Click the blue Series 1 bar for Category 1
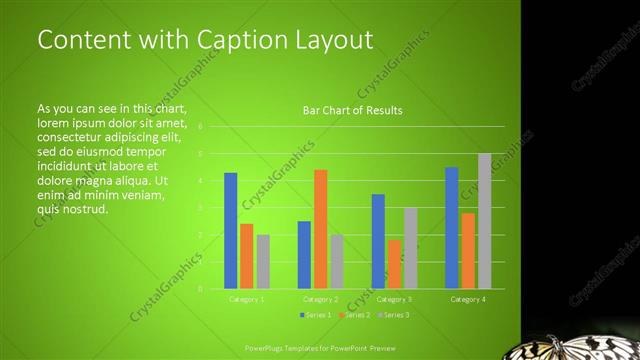pyautogui.click(x=231, y=231)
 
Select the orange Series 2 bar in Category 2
pyautogui.click(x=321, y=229)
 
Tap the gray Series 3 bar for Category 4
pyautogui.click(x=484, y=221)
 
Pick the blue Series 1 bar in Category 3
pyautogui.click(x=378, y=241)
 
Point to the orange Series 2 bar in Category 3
pyautogui.click(x=394, y=264)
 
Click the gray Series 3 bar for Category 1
pyautogui.click(x=263, y=262)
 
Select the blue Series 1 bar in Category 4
pyautogui.click(x=452, y=228)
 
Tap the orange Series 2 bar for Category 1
pyautogui.click(x=247, y=256)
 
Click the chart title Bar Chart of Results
pyautogui.click(x=352, y=110)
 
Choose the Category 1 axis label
pyautogui.click(x=247, y=299)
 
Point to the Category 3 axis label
pyautogui.click(x=394, y=299)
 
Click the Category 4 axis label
pyautogui.click(x=468, y=299)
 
